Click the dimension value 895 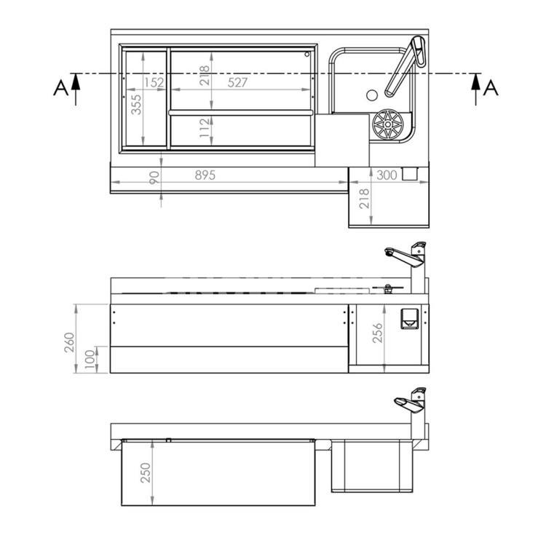point(205,175)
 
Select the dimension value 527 point(237,82)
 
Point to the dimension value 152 point(154,82)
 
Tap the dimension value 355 point(136,104)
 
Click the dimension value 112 point(205,127)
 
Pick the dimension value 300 point(387,175)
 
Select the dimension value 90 point(154,178)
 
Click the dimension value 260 point(69,342)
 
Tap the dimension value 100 point(90,357)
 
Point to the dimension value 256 point(377,333)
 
